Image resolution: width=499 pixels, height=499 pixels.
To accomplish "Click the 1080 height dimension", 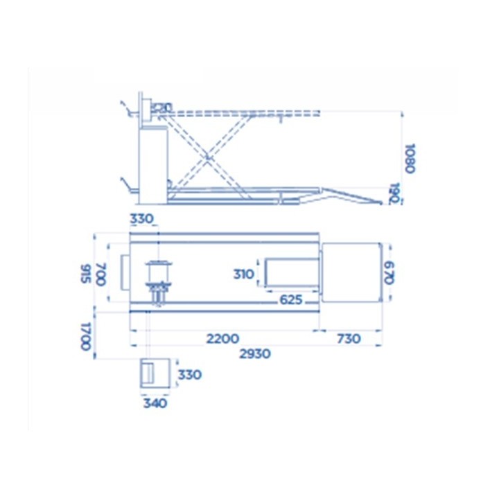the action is click(x=410, y=158).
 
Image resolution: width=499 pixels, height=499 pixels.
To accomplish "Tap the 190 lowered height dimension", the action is click(x=394, y=193).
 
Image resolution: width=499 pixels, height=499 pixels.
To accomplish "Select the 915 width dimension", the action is click(x=86, y=273).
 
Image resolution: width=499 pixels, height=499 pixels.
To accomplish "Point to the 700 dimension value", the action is click(x=100, y=274).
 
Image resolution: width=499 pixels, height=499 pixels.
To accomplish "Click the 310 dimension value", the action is click(x=244, y=274).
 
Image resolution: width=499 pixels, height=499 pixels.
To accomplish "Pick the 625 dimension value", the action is click(x=290, y=299).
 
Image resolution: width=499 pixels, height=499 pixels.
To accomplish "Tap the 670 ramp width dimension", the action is click(x=389, y=273).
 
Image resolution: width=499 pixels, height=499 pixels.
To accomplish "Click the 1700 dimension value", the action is click(x=86, y=336).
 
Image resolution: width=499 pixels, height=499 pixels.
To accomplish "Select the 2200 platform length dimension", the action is click(x=222, y=339).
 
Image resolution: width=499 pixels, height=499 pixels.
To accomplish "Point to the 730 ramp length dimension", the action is click(x=349, y=339).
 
